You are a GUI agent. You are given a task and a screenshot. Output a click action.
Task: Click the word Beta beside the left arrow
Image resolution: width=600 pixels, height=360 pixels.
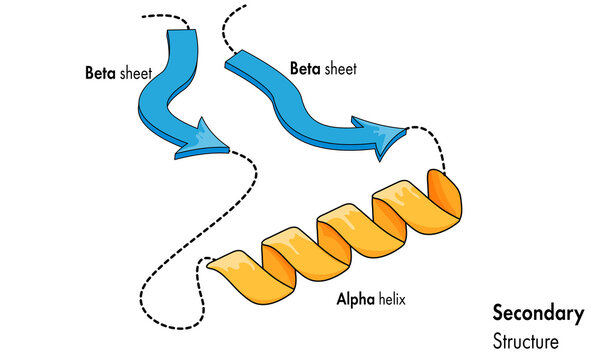pos(100,73)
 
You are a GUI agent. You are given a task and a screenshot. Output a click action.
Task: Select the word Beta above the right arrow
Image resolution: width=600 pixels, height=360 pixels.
pos(305,69)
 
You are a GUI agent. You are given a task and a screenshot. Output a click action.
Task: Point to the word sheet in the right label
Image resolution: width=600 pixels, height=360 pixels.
pos(340,69)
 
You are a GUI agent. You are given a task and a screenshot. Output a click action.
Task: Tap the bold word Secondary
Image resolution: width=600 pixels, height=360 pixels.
pos(538,313)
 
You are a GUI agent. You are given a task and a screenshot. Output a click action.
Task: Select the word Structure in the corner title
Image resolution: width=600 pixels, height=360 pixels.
pos(527,340)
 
